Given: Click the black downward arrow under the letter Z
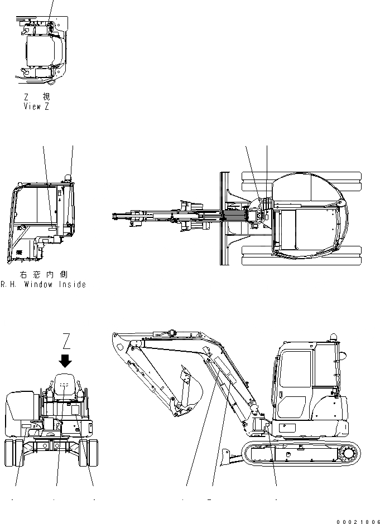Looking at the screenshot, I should coord(66,361).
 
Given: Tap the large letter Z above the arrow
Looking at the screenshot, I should coord(66,340).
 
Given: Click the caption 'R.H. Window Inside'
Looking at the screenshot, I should coord(43,284).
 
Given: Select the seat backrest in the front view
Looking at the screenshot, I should coord(65,384).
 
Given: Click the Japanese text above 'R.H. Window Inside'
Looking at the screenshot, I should coord(43,275).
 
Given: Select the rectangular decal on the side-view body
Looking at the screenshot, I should coord(287,428).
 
